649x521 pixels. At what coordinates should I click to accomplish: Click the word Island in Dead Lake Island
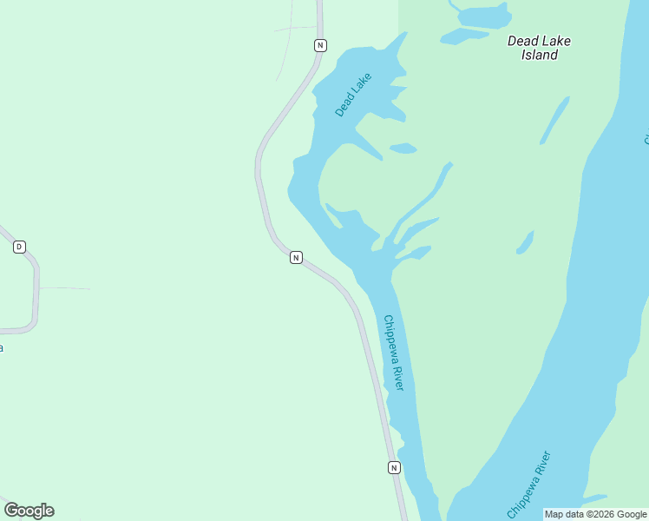tap(539, 55)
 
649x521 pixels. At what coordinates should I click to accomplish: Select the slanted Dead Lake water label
tap(353, 95)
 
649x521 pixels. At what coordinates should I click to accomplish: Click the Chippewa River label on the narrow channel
tap(394, 353)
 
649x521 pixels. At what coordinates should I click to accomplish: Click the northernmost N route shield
tap(320, 44)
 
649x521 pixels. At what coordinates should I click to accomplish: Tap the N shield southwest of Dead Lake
tap(296, 257)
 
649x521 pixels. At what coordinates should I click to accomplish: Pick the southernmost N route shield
tap(394, 467)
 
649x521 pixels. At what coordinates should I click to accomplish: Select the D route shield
tap(19, 247)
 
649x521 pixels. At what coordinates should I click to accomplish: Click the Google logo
tap(29, 511)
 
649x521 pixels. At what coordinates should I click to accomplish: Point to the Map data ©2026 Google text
tap(595, 514)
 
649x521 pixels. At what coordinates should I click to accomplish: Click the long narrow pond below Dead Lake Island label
tap(554, 120)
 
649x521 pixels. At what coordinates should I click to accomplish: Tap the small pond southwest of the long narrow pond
tap(525, 243)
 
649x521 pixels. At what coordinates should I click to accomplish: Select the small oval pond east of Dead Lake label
tap(403, 148)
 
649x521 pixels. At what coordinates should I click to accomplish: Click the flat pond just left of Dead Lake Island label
tap(464, 36)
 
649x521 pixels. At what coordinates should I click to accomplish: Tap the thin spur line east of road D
tap(64, 287)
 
